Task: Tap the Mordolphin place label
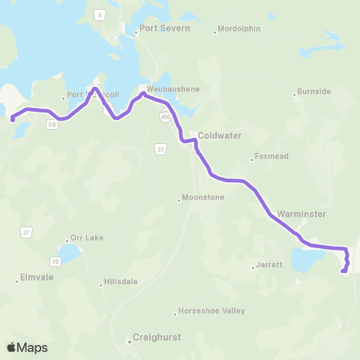(238, 30)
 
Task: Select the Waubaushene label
(173, 88)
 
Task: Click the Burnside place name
(313, 91)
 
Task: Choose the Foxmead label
(269, 157)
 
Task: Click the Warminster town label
(301, 214)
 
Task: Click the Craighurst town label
(157, 338)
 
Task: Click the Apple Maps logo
(27, 347)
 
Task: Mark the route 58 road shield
(51, 125)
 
